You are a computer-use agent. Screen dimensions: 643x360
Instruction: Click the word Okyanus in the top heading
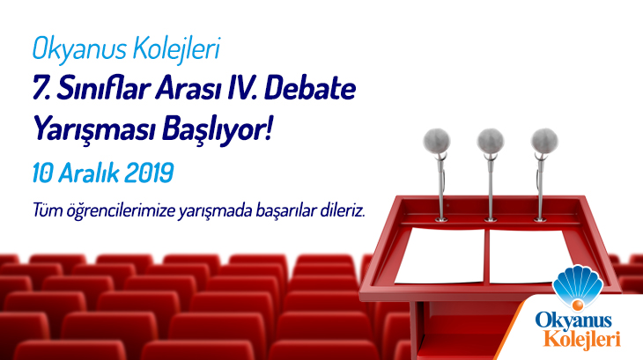click(79, 49)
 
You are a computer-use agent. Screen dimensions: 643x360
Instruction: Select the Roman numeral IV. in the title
click(240, 89)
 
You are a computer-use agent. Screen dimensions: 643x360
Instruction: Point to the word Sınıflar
click(101, 89)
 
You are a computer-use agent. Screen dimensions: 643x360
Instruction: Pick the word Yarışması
click(93, 129)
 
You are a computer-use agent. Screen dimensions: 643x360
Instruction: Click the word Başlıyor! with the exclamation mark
click(218, 129)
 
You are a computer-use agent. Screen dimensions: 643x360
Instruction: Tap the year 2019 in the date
click(149, 173)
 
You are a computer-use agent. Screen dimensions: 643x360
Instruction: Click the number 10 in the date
click(42, 173)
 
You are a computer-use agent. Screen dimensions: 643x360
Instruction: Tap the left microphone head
click(437, 141)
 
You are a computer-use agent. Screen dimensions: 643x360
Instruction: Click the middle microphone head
click(491, 141)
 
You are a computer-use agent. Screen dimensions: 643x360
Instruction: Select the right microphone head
click(544, 141)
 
